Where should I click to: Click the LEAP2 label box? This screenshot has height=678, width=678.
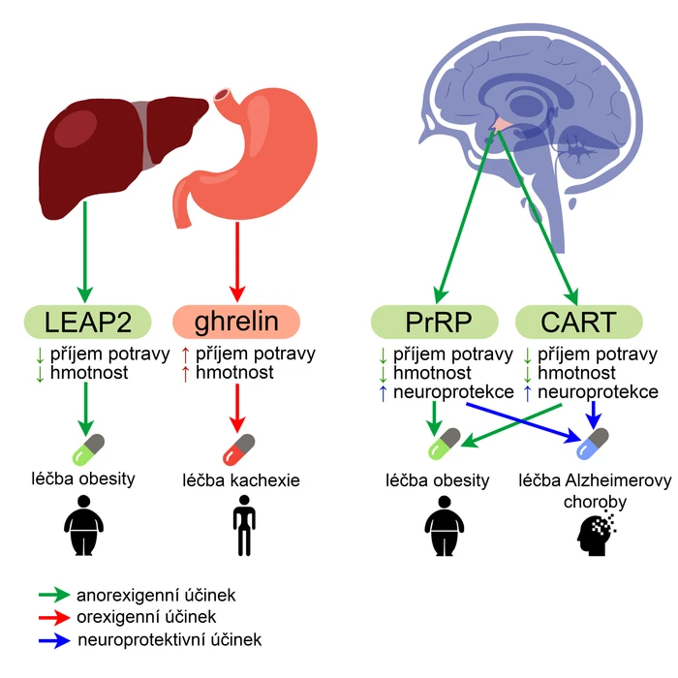point(87,322)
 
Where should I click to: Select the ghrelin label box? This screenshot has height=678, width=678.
point(236,322)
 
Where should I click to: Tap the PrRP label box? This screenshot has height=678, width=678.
point(435,322)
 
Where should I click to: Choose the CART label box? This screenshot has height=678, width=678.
point(579,322)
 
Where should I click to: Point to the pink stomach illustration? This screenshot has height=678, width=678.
point(251,156)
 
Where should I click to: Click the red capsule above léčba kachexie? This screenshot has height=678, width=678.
point(238,449)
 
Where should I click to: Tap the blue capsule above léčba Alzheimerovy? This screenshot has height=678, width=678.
point(593,444)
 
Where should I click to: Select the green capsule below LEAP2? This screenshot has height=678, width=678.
point(89,449)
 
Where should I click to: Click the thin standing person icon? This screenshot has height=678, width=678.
point(244,525)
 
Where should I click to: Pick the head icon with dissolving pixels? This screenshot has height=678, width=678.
point(596,533)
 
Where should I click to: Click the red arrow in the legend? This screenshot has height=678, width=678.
point(54,618)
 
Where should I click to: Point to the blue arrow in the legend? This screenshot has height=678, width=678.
point(54,640)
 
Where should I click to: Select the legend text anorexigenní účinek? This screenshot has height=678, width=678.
point(156,596)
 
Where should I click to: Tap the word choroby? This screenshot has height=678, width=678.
point(595,503)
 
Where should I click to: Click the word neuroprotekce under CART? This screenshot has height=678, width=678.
point(598,392)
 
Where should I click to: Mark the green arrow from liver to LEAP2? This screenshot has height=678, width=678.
point(85,252)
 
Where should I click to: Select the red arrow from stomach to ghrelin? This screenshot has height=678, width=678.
point(237,262)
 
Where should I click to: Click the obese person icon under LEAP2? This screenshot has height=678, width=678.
point(83,525)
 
